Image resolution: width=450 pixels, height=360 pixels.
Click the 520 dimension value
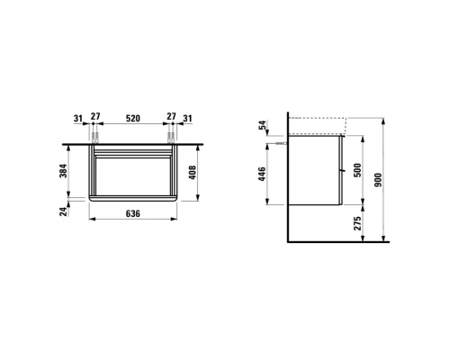[x=133, y=118]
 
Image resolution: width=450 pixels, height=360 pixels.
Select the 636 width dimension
[x=132, y=213]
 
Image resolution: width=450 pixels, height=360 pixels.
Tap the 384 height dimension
[x=64, y=170]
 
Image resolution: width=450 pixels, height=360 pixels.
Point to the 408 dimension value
[x=192, y=173]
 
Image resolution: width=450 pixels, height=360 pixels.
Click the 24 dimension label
[x=64, y=211]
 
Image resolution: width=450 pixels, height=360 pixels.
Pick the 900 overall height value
[x=378, y=180]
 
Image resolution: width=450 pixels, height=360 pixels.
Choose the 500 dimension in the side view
[x=357, y=170]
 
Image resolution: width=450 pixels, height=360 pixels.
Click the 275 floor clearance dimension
[x=357, y=223]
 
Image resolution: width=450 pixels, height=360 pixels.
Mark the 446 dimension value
[x=262, y=174]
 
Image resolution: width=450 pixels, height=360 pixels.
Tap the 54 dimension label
[x=262, y=125]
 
